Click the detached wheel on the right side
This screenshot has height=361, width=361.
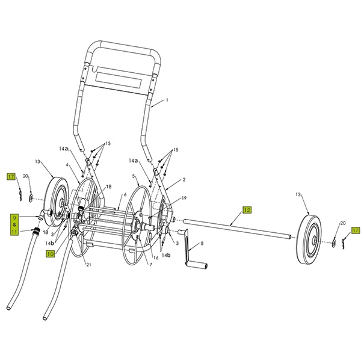click(x=312, y=239)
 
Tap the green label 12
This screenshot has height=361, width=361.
click(x=247, y=209)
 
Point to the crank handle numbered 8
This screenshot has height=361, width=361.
click(x=196, y=255)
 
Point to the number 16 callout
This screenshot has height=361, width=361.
click(x=156, y=258)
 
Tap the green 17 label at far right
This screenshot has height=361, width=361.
click(x=355, y=230)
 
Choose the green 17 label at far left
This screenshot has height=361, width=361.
click(x=10, y=176)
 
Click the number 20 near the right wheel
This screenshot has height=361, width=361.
click(x=343, y=223)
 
